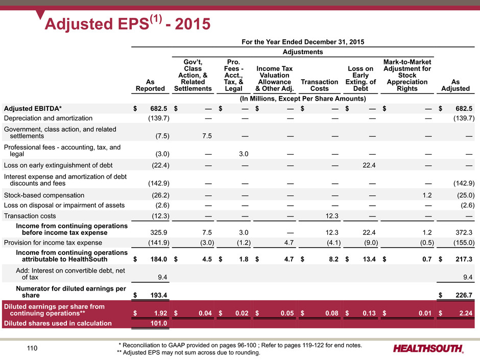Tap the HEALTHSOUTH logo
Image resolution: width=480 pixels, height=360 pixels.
428,349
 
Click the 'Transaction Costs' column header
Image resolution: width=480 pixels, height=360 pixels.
320,85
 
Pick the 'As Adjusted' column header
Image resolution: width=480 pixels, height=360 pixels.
456,85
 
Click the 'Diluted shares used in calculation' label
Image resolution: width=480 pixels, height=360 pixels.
58,323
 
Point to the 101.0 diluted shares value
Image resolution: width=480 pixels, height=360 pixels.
160,323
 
